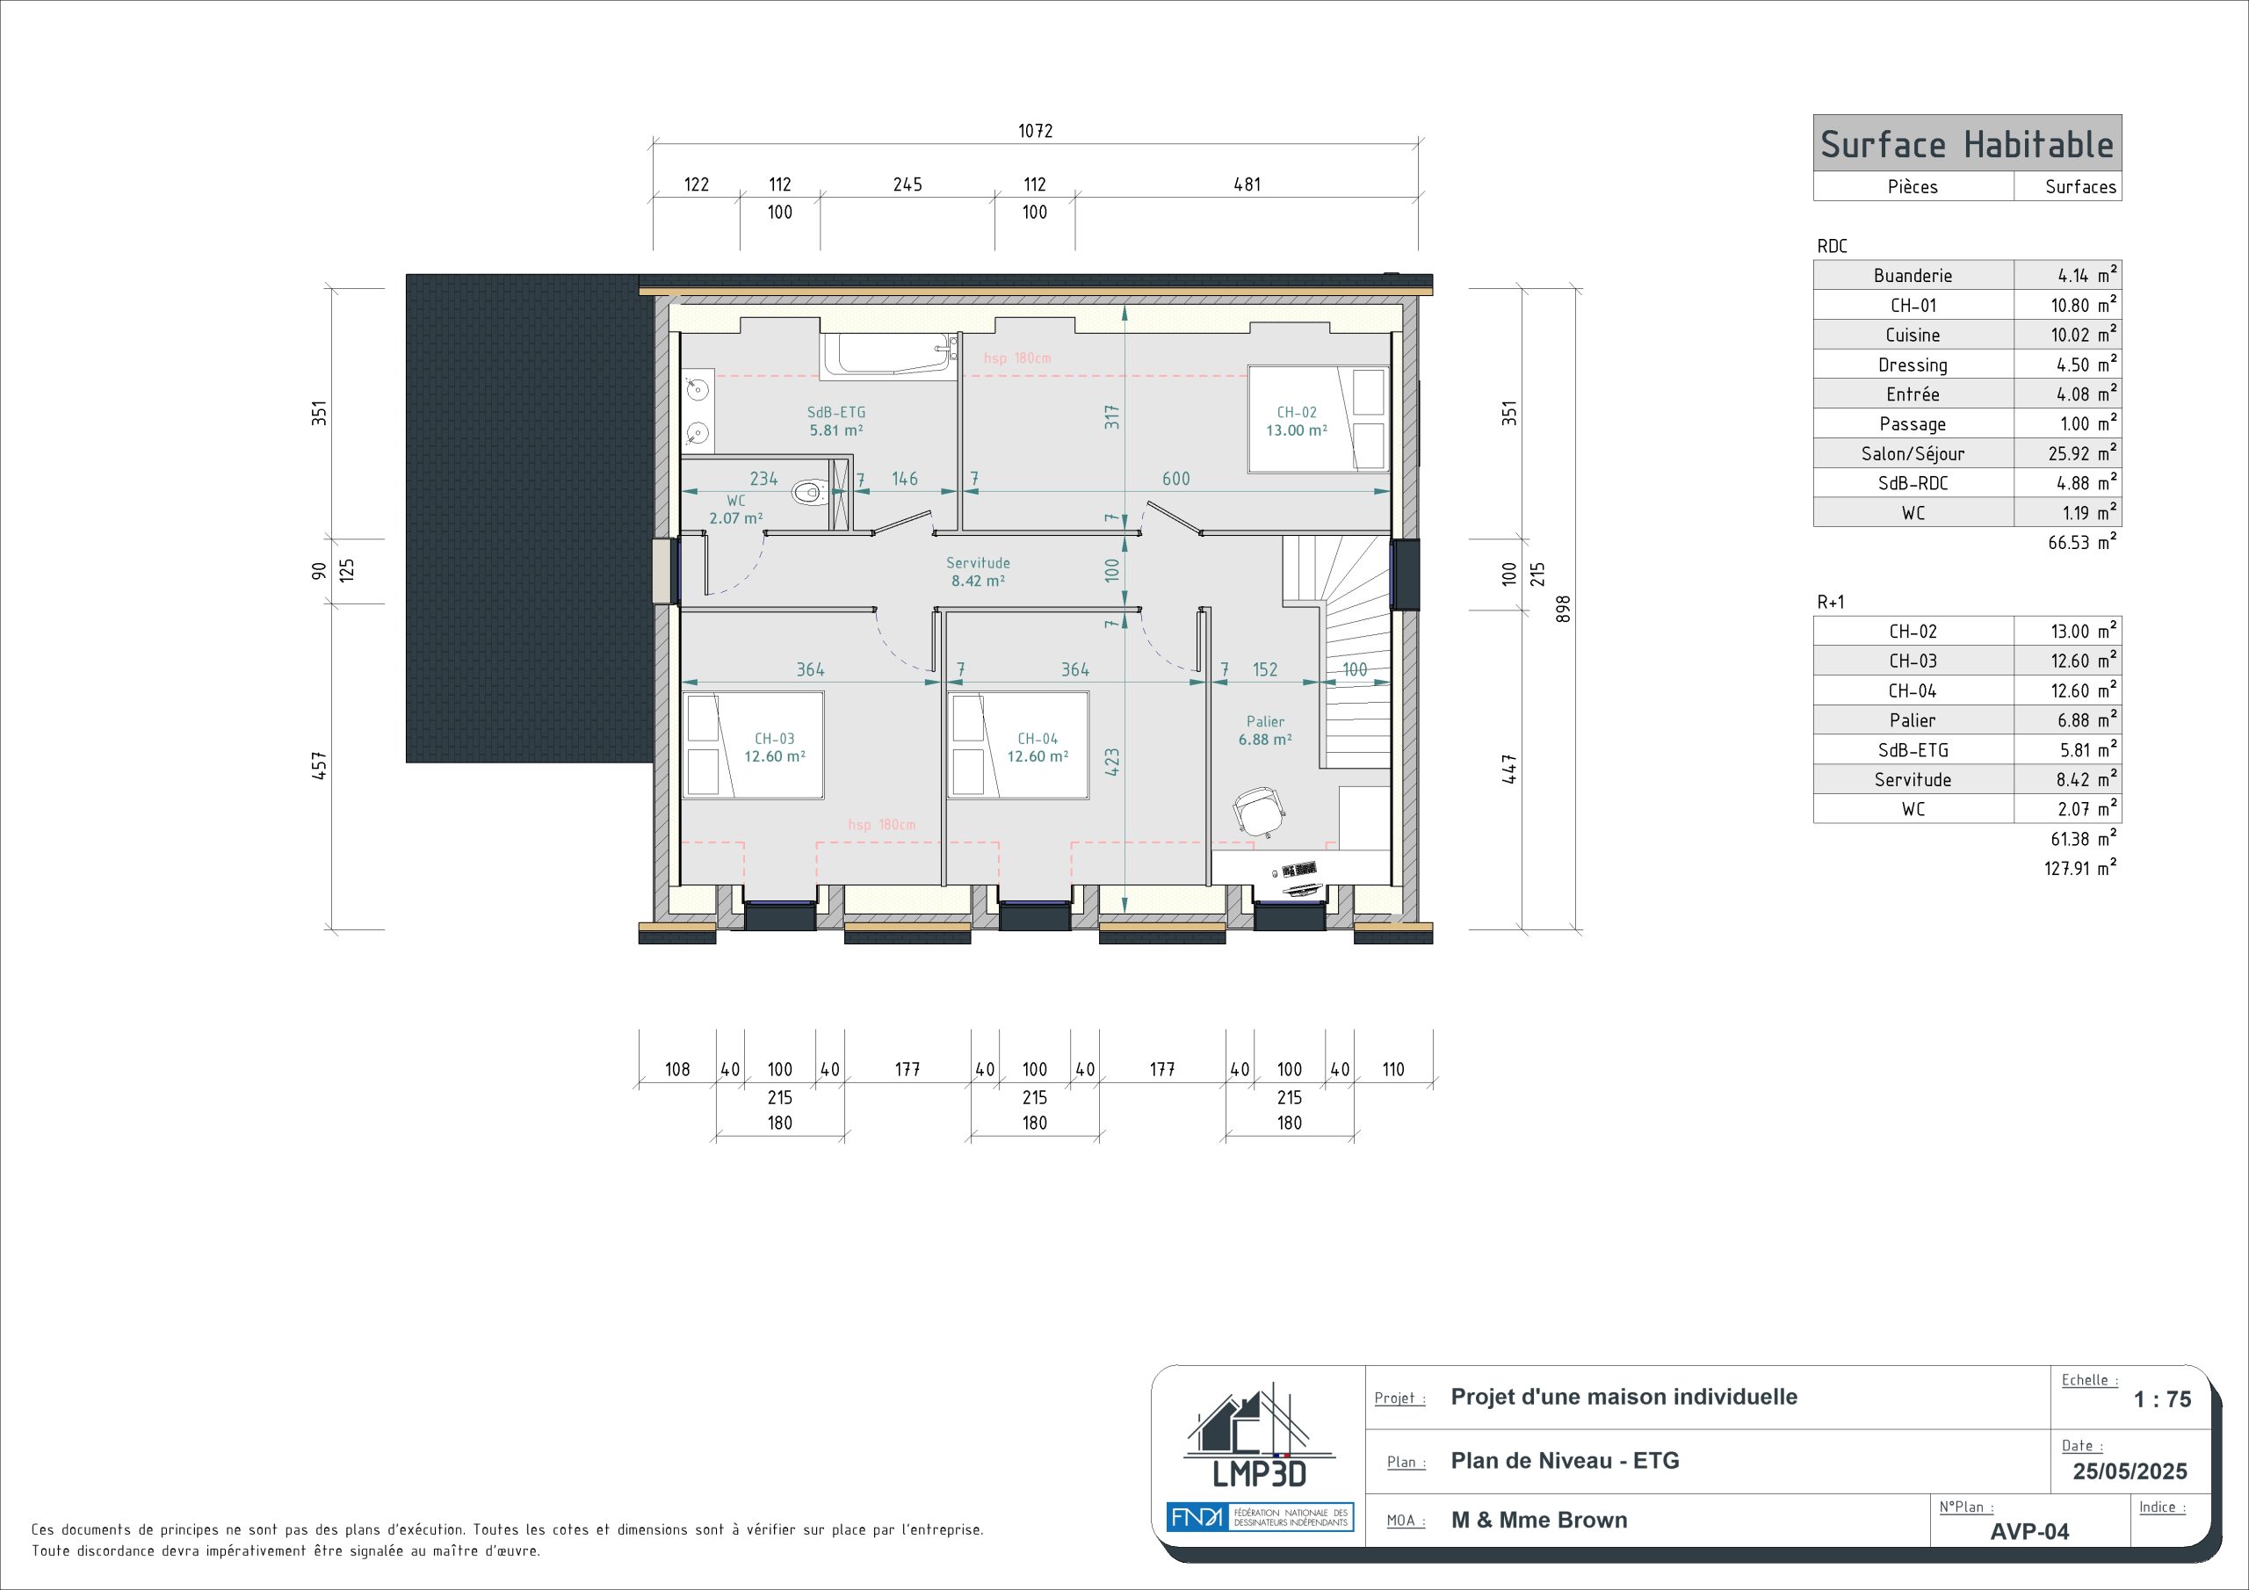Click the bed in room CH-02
pyautogui.click(x=1319, y=418)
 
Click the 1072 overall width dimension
pyautogui.click(x=1036, y=131)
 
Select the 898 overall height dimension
pyautogui.click(x=1564, y=609)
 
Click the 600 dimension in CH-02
pyautogui.click(x=1175, y=479)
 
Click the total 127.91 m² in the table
pyautogui.click(x=2079, y=868)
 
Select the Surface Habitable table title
pyautogui.click(x=1967, y=145)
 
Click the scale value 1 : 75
pyautogui.click(x=2163, y=1399)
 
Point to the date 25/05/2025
pyautogui.click(x=2130, y=1471)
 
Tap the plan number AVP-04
pyautogui.click(x=2029, y=1532)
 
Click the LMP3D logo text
pyautogui.click(x=1260, y=1472)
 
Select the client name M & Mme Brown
pyautogui.click(x=1539, y=1521)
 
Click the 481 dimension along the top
pyautogui.click(x=1247, y=184)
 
